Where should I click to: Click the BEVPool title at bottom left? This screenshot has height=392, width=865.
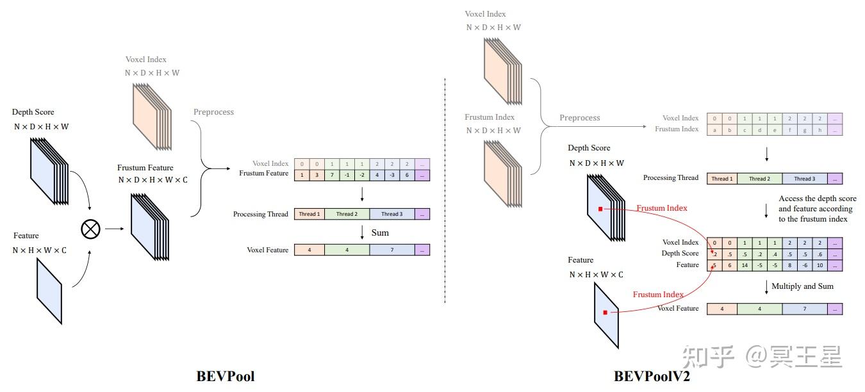[x=225, y=377]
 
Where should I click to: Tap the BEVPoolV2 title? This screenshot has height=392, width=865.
[x=652, y=377]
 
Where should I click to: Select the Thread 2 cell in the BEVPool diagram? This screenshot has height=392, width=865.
[x=347, y=214]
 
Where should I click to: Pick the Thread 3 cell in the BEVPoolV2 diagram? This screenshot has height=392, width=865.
[x=804, y=179]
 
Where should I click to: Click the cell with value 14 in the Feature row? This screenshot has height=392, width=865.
[x=745, y=265]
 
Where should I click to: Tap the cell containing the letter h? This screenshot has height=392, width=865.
[x=819, y=129]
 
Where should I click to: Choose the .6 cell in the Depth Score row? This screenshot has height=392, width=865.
[x=819, y=254]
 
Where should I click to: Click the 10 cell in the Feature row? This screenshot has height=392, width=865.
[x=819, y=265]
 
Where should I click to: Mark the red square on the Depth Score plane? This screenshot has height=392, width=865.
[x=600, y=209]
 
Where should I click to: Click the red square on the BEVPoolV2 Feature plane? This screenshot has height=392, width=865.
[x=605, y=313]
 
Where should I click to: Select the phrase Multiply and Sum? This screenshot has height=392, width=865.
[x=802, y=286]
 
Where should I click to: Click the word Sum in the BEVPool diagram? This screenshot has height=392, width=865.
[x=380, y=233]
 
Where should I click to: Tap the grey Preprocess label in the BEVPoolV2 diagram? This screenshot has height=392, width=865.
[x=579, y=118]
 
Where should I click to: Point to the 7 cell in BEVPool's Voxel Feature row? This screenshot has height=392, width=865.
[x=391, y=250]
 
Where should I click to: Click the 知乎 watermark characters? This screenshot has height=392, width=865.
[x=708, y=357]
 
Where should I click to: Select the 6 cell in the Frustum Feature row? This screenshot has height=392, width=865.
[x=407, y=174]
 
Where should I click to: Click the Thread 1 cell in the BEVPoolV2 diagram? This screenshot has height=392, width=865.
[x=721, y=179]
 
